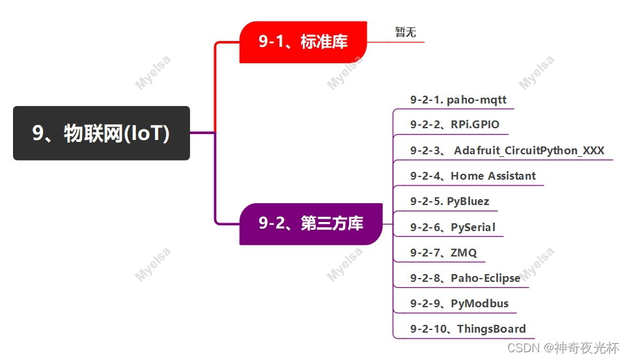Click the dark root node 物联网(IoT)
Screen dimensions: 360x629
pyautogui.click(x=101, y=133)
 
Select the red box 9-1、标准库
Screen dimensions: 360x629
pyautogui.click(x=303, y=42)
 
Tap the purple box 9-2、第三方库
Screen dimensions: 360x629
pyautogui.click(x=311, y=224)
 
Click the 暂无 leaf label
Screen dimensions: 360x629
pyautogui.click(x=405, y=32)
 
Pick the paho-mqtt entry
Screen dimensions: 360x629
pyautogui.click(x=476, y=100)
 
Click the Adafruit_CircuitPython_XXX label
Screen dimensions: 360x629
pyautogui.click(x=529, y=150)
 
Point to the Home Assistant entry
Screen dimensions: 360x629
pyautogui.click(x=493, y=176)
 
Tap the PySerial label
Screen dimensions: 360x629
pyautogui.click(x=473, y=227)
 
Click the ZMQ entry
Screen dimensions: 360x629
pyautogui.click(x=464, y=253)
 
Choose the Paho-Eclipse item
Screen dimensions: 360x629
pyautogui.click(x=485, y=278)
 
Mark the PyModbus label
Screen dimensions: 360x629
pyautogui.click(x=479, y=303)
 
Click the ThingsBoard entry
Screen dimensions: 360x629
pyautogui.click(x=491, y=329)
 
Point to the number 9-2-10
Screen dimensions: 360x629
pyautogui.click(x=429, y=329)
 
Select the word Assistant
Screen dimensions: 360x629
pyautogui.click(x=512, y=176)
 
